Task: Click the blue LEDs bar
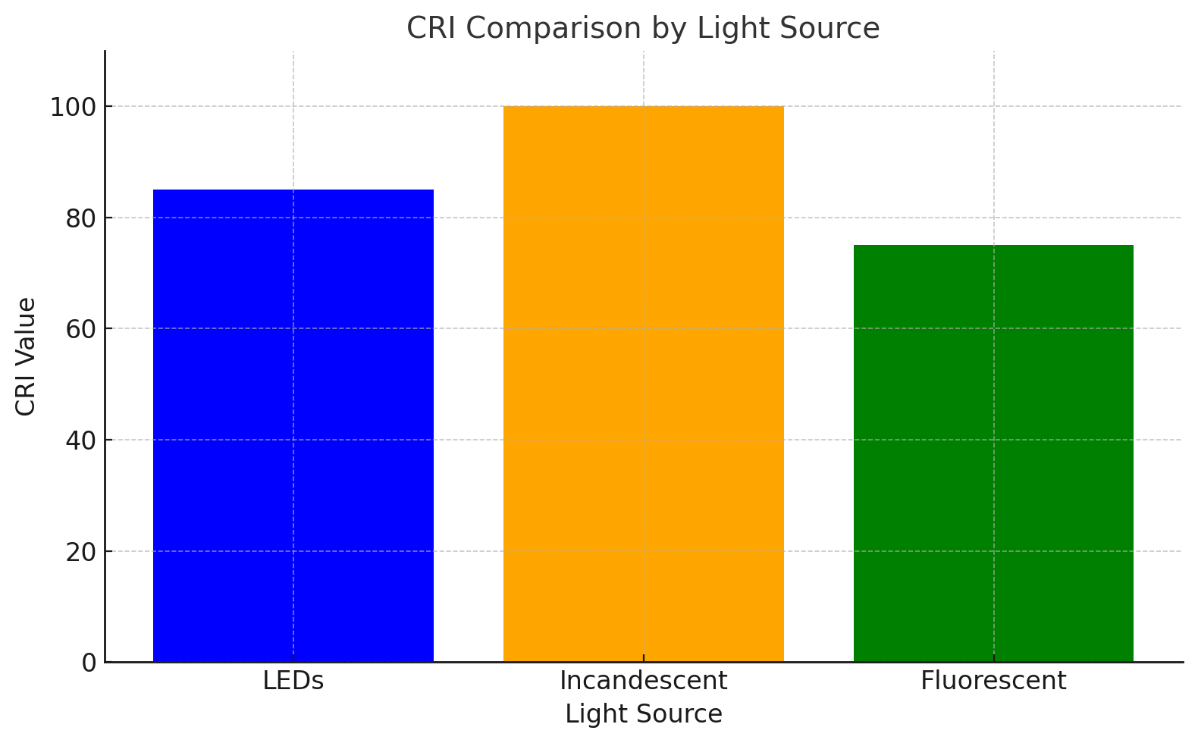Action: [x=293, y=425]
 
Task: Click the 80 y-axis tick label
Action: [x=80, y=218]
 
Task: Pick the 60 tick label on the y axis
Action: [x=80, y=330]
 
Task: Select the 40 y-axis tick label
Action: [x=80, y=440]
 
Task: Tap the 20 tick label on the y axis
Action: [x=80, y=552]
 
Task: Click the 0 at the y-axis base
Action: [x=89, y=663]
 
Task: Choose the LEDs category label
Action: [x=293, y=681]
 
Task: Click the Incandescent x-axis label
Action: [x=643, y=681]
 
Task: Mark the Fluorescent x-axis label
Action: [x=993, y=681]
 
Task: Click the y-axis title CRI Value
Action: [x=26, y=356]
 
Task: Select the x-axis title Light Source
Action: [x=643, y=714]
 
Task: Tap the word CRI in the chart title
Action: [x=431, y=29]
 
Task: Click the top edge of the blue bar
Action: [x=293, y=190]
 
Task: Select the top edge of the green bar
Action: [x=993, y=246]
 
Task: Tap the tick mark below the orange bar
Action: [x=643, y=658]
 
